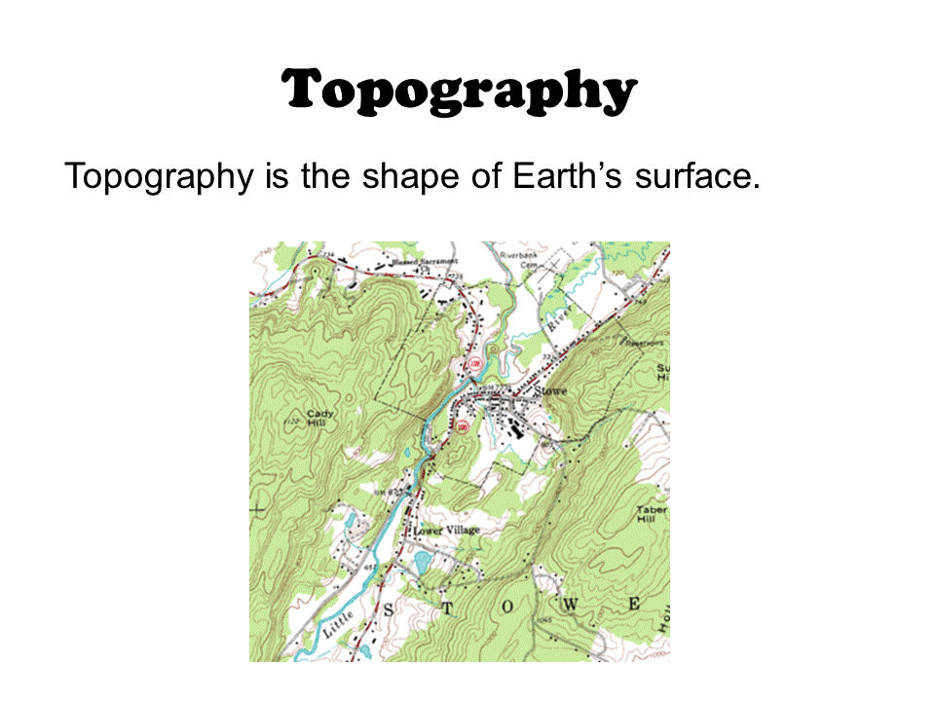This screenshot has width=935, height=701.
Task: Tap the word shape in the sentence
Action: click(430, 178)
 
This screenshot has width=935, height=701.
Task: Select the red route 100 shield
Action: click(462, 426)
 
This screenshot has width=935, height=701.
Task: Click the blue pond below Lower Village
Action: click(422, 562)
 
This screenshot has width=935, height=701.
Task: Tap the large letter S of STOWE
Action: click(393, 610)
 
